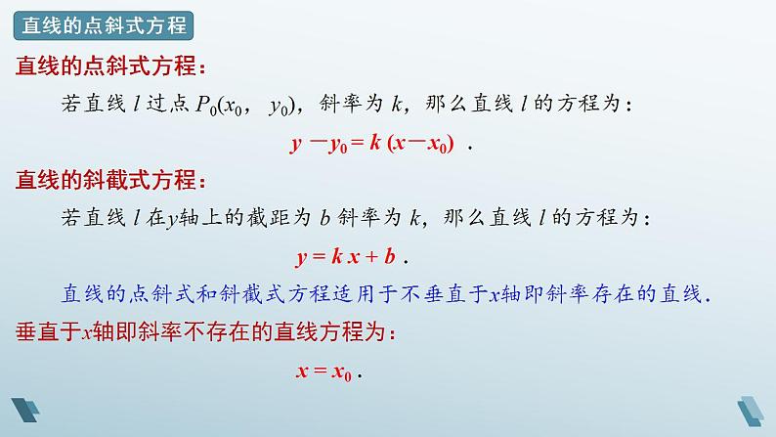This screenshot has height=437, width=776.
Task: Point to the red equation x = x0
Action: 323,371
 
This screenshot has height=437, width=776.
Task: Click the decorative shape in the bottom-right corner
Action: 753,412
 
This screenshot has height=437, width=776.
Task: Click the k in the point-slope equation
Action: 373,143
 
